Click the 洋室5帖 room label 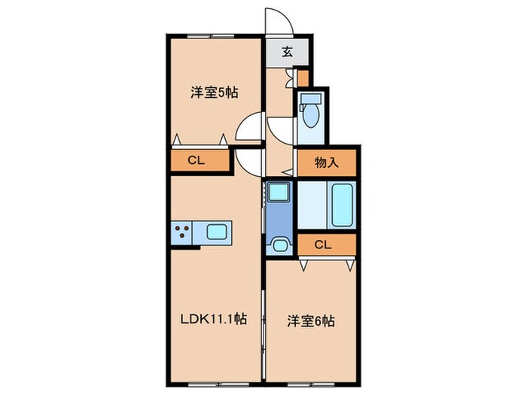215,93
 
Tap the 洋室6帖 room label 311,321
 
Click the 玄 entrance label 288,52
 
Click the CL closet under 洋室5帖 196,160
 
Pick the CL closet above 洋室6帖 323,244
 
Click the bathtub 343,205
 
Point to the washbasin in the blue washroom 280,245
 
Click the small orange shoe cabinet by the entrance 303,77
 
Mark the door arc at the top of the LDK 248,160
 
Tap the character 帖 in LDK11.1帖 240,319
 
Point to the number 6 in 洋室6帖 321,321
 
